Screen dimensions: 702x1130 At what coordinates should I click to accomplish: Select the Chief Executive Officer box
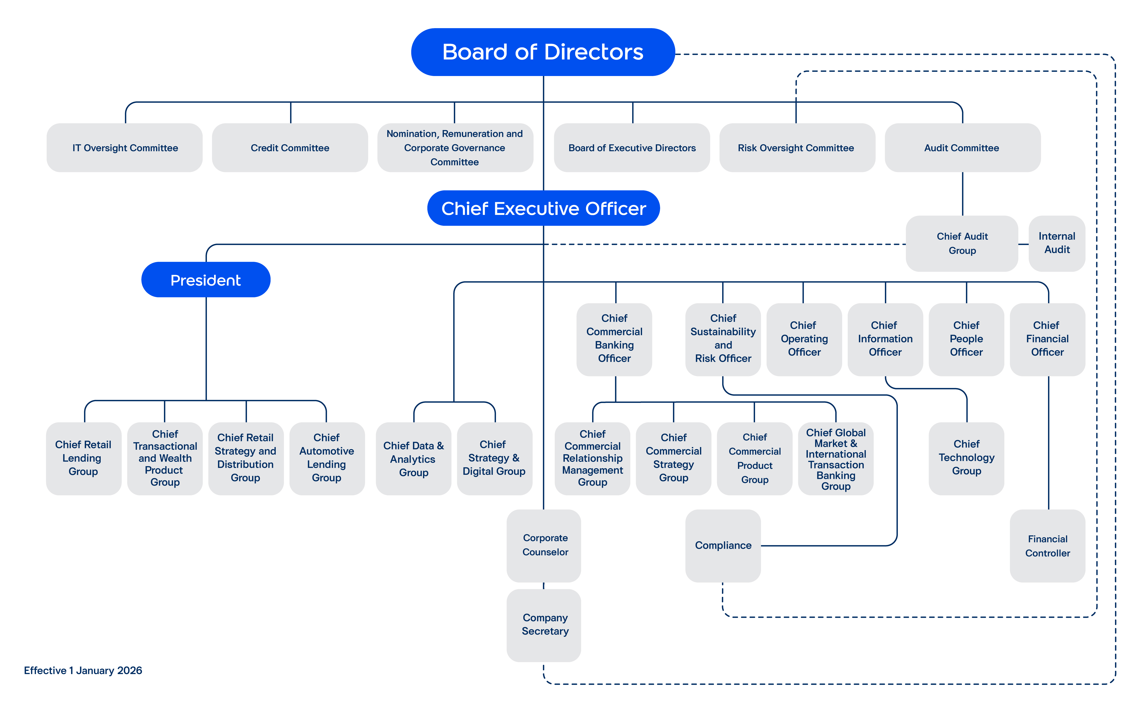point(543,209)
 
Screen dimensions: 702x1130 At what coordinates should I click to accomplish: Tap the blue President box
point(206,280)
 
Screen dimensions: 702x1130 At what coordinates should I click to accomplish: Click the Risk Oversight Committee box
point(797,148)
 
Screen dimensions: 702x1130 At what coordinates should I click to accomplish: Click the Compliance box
point(723,545)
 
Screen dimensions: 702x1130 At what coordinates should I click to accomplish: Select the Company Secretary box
point(544,625)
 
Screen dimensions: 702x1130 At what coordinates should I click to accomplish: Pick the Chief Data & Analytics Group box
point(413,459)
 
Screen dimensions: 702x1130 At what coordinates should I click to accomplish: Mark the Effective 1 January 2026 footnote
point(83,670)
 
